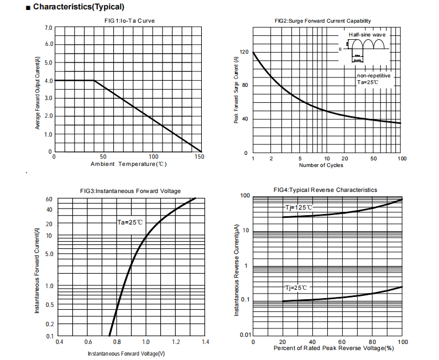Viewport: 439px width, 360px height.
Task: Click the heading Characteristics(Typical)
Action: point(79,7)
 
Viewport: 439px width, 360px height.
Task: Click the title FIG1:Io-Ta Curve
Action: point(129,21)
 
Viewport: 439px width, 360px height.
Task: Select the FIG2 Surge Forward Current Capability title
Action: point(323,21)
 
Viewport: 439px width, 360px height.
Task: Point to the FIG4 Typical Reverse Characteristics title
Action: point(325,190)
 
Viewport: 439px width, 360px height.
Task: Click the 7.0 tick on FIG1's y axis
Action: point(49,27)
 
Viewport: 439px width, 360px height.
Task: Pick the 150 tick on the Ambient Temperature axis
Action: point(199,157)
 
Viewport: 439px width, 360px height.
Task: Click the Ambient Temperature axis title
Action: point(128,164)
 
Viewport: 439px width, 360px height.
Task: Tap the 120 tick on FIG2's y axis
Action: point(244,52)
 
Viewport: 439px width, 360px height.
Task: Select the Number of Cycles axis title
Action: point(321,165)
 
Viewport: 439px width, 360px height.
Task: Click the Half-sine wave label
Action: point(367,35)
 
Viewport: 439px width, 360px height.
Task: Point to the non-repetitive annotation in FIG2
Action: point(374,75)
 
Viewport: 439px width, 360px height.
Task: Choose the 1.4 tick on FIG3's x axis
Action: point(205,343)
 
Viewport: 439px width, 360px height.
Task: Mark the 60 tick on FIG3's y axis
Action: point(49,199)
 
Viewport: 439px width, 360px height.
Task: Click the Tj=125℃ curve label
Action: point(299,207)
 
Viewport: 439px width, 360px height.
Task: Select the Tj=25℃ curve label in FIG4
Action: point(296,288)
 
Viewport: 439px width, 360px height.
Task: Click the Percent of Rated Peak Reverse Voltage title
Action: point(333,349)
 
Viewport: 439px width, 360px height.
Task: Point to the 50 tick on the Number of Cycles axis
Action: point(374,159)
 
